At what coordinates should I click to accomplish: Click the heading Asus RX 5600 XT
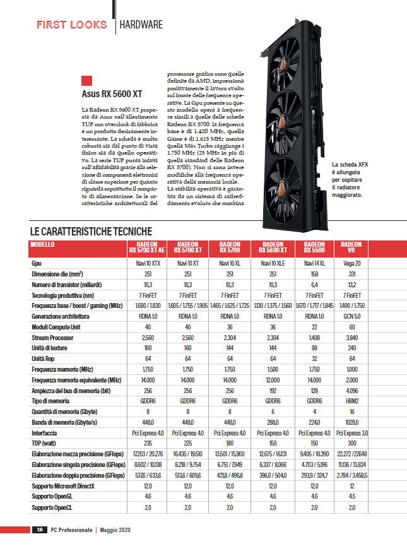(x=112, y=95)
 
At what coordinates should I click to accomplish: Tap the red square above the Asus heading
(x=87, y=81)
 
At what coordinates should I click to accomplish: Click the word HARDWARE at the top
(x=142, y=25)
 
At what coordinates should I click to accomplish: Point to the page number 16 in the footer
(x=39, y=530)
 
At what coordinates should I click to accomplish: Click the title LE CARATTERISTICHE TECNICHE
(x=91, y=231)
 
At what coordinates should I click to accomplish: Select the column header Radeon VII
(x=351, y=247)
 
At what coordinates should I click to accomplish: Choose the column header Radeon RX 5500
(x=314, y=247)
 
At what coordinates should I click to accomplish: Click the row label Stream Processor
(x=54, y=339)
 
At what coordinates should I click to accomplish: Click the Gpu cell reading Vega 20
(x=351, y=261)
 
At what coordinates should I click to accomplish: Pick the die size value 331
(x=351, y=273)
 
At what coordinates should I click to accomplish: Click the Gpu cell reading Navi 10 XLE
(x=272, y=261)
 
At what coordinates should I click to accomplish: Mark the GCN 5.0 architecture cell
(x=351, y=315)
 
